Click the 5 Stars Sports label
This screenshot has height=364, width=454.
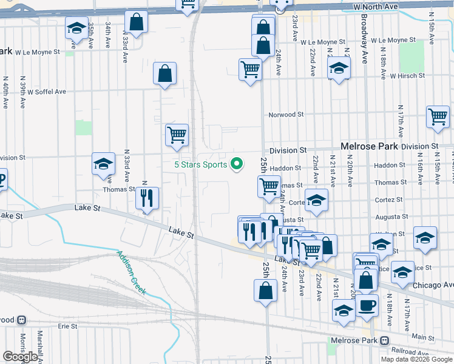200,164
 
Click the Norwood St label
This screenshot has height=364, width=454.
286,114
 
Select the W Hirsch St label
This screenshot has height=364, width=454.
407,76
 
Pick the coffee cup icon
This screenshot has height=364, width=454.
366,306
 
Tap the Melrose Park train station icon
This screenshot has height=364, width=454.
384,340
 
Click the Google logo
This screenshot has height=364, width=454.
20,357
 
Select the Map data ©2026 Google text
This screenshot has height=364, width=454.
416,359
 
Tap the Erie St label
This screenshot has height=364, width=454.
67,326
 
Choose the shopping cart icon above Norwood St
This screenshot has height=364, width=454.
250,70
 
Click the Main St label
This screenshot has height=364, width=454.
419,335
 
